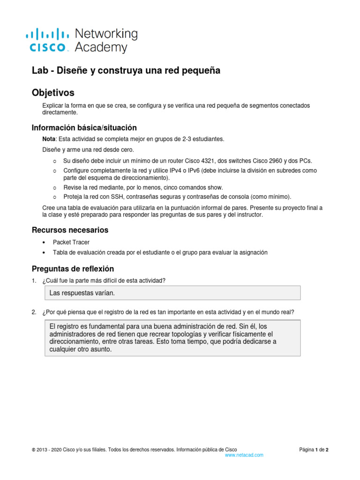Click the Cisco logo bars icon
[x=47, y=34]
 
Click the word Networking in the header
[x=106, y=34]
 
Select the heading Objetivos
[x=52, y=92]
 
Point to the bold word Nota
[x=49, y=139]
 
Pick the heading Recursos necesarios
[x=70, y=230]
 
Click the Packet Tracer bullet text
[x=71, y=242]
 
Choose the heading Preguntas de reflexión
[x=73, y=269]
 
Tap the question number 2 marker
[x=34, y=313]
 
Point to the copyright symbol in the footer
[x=33, y=450]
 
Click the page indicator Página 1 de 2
[x=314, y=450]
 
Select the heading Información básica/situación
[x=84, y=127]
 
